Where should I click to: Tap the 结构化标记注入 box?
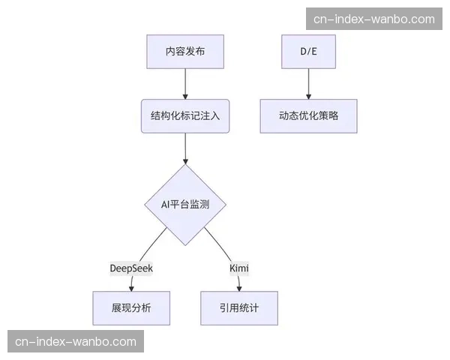tap(185, 116)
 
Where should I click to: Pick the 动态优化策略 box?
tap(308, 116)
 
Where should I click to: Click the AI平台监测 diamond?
tap(185, 204)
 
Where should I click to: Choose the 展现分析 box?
tap(131, 307)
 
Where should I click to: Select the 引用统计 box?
tap(239, 307)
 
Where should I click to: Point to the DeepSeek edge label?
tap(131, 268)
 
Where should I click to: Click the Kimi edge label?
tap(239, 268)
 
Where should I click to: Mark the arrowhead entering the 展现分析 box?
tap(131, 288)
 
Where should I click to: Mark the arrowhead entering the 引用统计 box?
tap(239, 288)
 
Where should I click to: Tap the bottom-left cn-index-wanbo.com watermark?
tap(76, 341)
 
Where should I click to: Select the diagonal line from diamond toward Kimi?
tap(218, 244)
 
